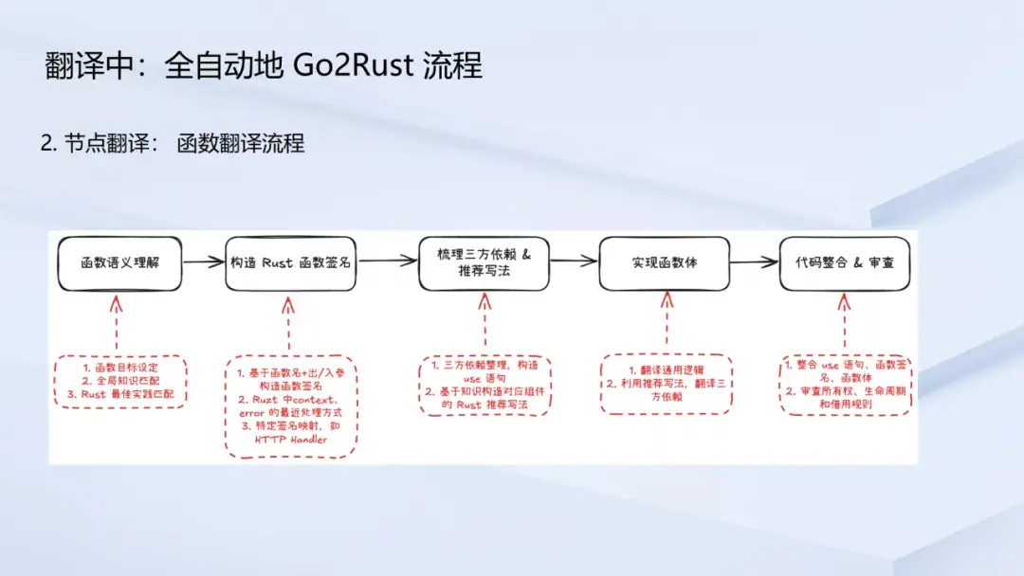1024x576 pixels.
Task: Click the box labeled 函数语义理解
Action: coord(118,262)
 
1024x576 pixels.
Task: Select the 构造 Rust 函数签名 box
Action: coord(290,262)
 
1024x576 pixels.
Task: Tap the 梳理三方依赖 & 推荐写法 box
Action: coord(484,262)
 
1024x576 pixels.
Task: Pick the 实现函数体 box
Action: coord(664,262)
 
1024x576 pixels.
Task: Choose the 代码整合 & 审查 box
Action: coord(844,262)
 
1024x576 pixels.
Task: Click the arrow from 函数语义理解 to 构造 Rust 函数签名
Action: coord(203,262)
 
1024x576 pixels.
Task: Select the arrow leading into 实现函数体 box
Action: coord(574,262)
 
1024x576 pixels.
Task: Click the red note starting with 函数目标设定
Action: coord(119,381)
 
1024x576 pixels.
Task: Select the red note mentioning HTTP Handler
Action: coord(290,405)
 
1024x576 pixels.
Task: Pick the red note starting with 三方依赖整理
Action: coord(485,385)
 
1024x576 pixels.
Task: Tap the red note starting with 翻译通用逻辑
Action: coord(667,383)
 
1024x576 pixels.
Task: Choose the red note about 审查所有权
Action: coord(846,384)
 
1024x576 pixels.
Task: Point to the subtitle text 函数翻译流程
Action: coord(240,143)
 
